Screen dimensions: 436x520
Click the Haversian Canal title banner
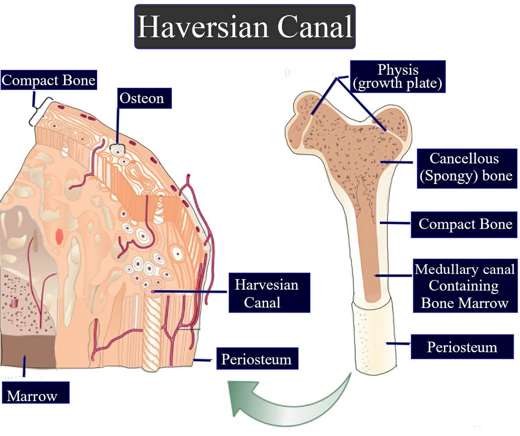click(x=245, y=27)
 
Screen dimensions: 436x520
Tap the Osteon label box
click(x=145, y=98)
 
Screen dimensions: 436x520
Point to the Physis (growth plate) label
click(x=398, y=77)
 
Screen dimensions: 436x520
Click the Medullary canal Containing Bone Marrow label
click(x=465, y=286)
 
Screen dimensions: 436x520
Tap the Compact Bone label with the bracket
click(x=49, y=81)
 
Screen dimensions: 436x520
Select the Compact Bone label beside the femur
click(x=465, y=223)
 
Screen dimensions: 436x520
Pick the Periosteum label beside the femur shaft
click(x=462, y=347)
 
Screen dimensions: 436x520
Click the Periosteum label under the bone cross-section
click(x=256, y=359)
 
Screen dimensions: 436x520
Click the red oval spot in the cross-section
click(x=60, y=235)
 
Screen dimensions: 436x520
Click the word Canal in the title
click(x=315, y=27)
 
